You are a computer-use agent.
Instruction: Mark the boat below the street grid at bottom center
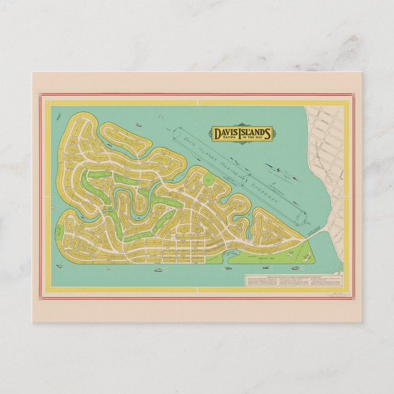coord(157,269)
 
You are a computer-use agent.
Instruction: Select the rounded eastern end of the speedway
coord(301,217)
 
